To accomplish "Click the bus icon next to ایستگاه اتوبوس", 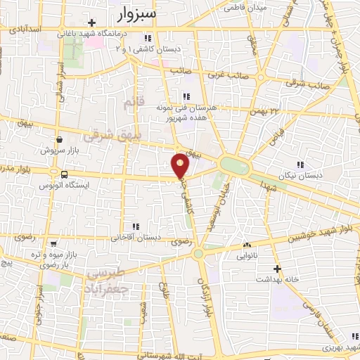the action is click(x=64, y=174).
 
